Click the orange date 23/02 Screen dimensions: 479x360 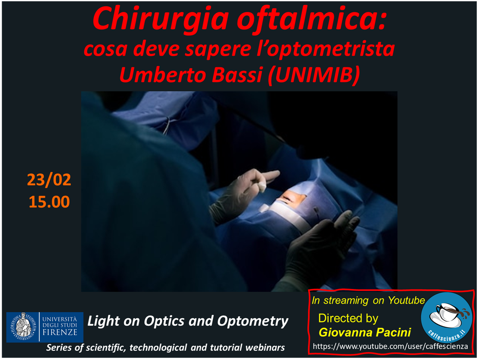click(49, 180)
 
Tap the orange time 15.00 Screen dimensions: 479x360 click(49, 202)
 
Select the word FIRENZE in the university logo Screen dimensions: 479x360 click(60, 333)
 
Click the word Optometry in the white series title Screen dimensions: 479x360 click(253, 321)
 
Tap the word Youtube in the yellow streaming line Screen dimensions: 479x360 click(406, 300)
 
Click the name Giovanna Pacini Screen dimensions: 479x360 click(365, 332)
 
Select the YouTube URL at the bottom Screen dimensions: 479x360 click(390, 346)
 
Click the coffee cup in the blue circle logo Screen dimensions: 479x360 click(447, 314)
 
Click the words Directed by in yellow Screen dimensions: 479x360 click(348, 318)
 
